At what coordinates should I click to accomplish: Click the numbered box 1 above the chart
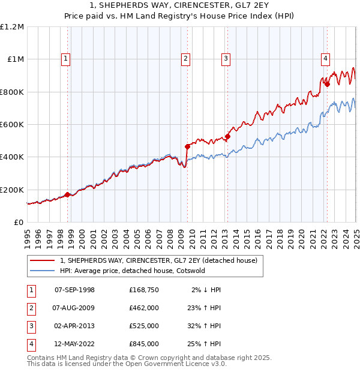[x=65, y=58]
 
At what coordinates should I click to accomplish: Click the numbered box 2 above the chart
[x=186, y=58]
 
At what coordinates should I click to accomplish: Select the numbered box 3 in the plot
[x=226, y=58]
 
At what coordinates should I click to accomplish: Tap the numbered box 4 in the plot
[x=325, y=58]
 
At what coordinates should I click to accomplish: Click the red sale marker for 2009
[x=187, y=146]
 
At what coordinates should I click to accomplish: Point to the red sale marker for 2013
[x=227, y=136]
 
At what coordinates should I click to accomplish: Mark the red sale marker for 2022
[x=327, y=85]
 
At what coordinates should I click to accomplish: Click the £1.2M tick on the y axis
[x=12, y=27]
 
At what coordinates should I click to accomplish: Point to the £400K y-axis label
[x=12, y=157]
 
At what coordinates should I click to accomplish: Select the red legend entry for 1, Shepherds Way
[x=158, y=260]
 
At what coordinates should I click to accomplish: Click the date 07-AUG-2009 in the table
[x=74, y=308]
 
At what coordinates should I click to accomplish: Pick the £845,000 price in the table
[x=144, y=344]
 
